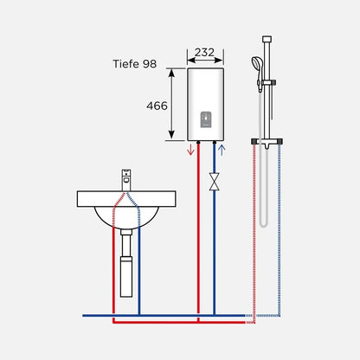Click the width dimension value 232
coord(204,52)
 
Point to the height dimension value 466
coord(157,106)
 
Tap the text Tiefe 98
coord(135,64)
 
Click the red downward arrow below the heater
coord(190,150)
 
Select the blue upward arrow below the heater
coord(222,150)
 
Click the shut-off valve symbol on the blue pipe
coord(214,182)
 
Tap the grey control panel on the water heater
coord(206,119)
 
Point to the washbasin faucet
coord(126,180)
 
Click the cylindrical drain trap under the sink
coord(126,277)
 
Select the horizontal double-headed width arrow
coord(205,61)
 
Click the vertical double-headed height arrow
coord(171,104)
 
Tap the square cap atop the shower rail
coord(267,39)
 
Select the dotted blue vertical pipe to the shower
coord(280,230)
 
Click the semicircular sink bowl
coord(126,217)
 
